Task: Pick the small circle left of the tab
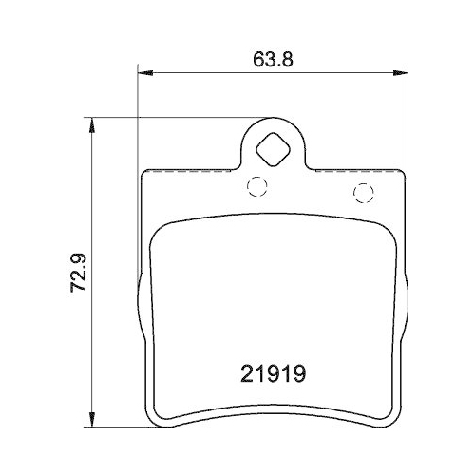pyautogui.click(x=255, y=186)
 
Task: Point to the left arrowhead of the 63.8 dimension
pyautogui.click(x=145, y=70)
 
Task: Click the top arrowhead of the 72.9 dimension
pyautogui.click(x=90, y=123)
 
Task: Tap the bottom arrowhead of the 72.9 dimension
pyautogui.click(x=90, y=419)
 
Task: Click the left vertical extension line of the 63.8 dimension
pyautogui.click(x=139, y=114)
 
